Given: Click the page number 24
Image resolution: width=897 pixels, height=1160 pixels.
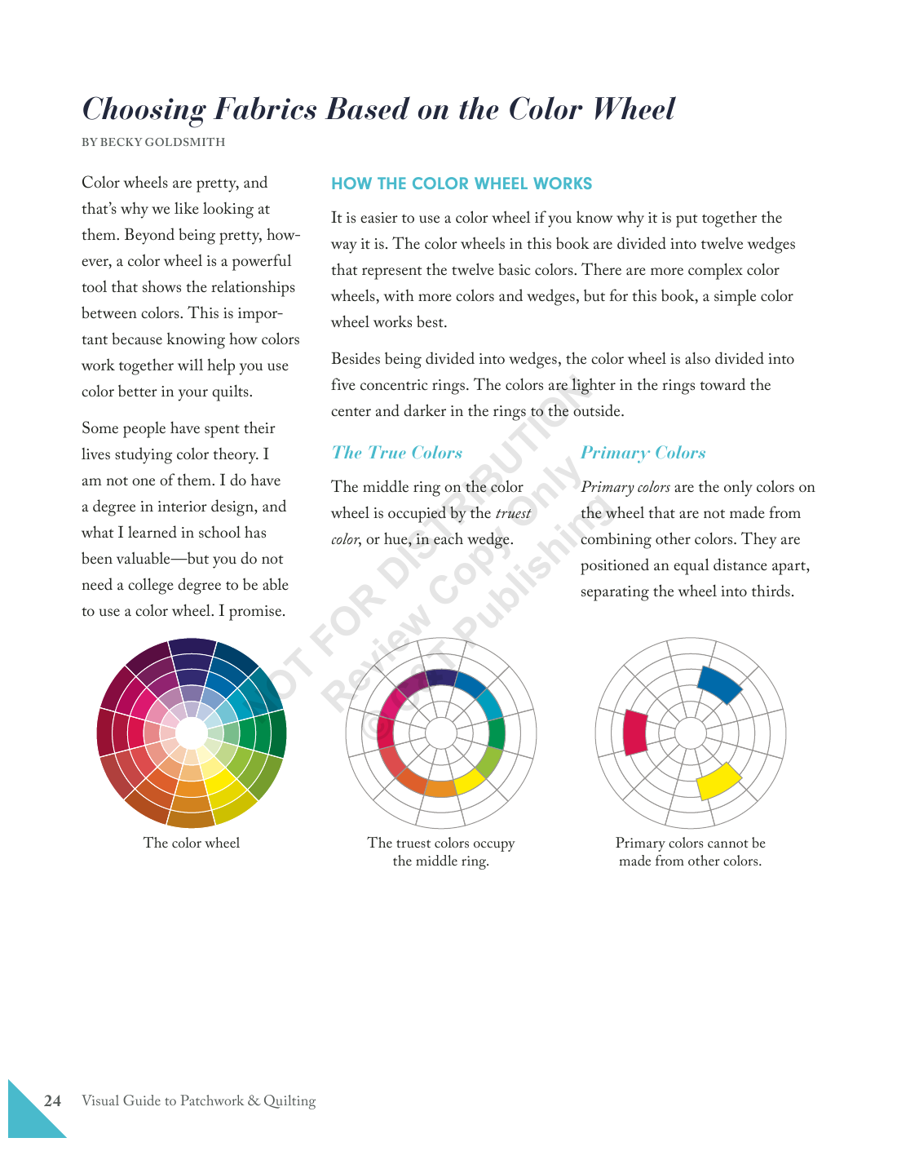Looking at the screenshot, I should [52, 1100].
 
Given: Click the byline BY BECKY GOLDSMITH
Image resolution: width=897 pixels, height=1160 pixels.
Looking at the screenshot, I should [153, 142].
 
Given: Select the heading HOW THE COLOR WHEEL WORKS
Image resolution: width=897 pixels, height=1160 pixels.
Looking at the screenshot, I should [462, 184].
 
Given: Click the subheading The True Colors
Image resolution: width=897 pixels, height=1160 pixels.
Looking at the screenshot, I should [397, 453].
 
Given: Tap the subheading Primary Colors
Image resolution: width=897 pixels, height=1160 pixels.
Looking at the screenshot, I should [643, 453].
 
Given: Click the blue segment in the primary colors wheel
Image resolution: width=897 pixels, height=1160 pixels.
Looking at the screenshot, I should [719, 684].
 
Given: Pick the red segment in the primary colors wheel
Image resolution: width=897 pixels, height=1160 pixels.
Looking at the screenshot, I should [634, 733].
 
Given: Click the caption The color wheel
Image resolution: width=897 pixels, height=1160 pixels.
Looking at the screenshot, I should [192, 843].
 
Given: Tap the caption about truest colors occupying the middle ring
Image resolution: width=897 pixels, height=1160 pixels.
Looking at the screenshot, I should [440, 852].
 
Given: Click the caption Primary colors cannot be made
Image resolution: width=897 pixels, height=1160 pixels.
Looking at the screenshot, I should [690, 852].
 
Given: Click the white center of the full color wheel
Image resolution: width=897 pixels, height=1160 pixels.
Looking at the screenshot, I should [192, 733].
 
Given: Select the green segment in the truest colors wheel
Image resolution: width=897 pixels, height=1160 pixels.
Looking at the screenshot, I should [496, 733].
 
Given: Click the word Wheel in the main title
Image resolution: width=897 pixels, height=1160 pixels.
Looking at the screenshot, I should [634, 109].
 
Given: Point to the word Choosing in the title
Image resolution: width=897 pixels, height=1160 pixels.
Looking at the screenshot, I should [144, 109].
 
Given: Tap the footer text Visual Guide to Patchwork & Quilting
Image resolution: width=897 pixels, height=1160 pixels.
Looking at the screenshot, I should [198, 1100].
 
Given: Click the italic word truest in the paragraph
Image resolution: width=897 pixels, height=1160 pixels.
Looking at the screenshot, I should [513, 513].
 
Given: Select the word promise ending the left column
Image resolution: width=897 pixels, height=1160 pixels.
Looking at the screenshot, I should [256, 611].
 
